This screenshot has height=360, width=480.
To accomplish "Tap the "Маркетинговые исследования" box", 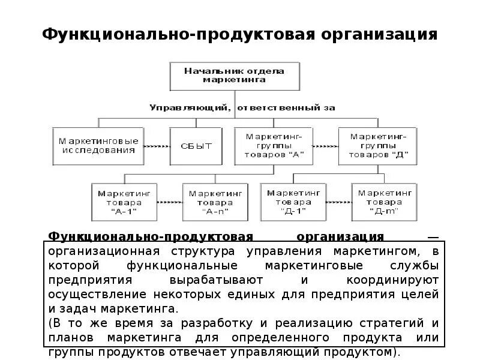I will point(98,146).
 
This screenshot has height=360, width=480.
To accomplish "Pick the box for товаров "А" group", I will point(274,145).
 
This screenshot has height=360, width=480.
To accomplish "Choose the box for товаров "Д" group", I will point(377,145).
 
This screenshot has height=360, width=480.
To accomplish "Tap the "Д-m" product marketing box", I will point(385,202).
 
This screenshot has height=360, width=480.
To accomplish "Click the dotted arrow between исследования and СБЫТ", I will point(157,146).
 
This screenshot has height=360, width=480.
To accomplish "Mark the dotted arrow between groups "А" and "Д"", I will point(325,146).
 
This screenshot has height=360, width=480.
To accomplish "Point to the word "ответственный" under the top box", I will point(281,108).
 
